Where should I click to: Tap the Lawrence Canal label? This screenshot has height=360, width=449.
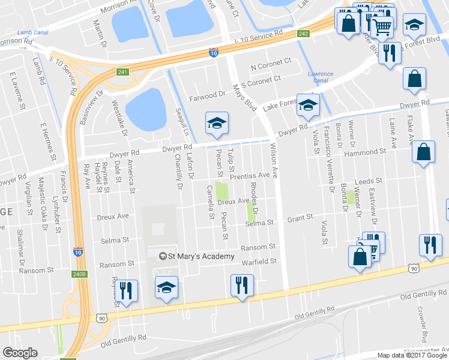click(x=321, y=77)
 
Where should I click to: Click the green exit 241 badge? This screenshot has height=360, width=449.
click(x=123, y=72)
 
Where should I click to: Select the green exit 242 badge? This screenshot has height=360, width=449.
click(x=303, y=34)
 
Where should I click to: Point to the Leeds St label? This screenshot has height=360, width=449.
click(x=369, y=181)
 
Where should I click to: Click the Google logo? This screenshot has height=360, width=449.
click(x=20, y=352)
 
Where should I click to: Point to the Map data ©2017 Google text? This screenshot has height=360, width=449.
click(x=412, y=355)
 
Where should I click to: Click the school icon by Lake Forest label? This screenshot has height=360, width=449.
click(x=308, y=106)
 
